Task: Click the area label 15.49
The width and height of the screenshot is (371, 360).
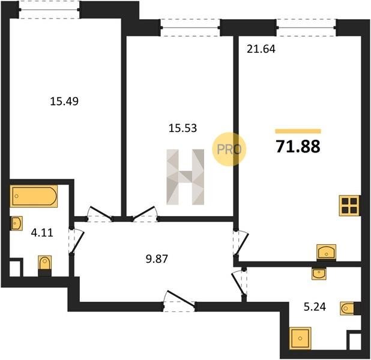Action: pyautogui.click(x=64, y=101)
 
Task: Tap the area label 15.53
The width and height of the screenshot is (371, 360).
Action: pyautogui.click(x=182, y=128)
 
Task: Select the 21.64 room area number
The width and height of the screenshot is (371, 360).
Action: pyautogui.click(x=261, y=49)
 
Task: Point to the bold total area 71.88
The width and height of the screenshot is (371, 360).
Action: pyautogui.click(x=298, y=146)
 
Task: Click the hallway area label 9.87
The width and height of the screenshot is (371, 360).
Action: pyautogui.click(x=157, y=259)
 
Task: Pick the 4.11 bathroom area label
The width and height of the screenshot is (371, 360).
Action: pyautogui.click(x=42, y=233)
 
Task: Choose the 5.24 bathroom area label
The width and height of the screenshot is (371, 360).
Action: pyautogui.click(x=315, y=307)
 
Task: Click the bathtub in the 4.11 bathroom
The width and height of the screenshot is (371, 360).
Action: pyautogui.click(x=34, y=196)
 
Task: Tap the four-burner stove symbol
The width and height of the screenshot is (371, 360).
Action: pyautogui.click(x=349, y=206)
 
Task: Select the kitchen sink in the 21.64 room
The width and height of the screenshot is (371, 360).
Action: pyautogui.click(x=327, y=252)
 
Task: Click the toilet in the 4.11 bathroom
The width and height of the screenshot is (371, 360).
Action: pyautogui.click(x=44, y=265)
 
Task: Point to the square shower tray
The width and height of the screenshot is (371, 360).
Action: pyautogui.click(x=300, y=338)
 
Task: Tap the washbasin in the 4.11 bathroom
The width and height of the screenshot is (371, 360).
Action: pyautogui.click(x=17, y=223)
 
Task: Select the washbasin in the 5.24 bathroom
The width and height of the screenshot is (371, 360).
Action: pyautogui.click(x=319, y=274)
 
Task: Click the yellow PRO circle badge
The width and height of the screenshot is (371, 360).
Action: pyautogui.click(x=229, y=149)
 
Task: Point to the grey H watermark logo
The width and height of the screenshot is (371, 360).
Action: pyautogui.click(x=185, y=177)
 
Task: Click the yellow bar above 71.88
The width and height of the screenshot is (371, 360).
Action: pyautogui.click(x=298, y=131)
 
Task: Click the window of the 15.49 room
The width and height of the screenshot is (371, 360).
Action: pyautogui.click(x=49, y=10)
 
